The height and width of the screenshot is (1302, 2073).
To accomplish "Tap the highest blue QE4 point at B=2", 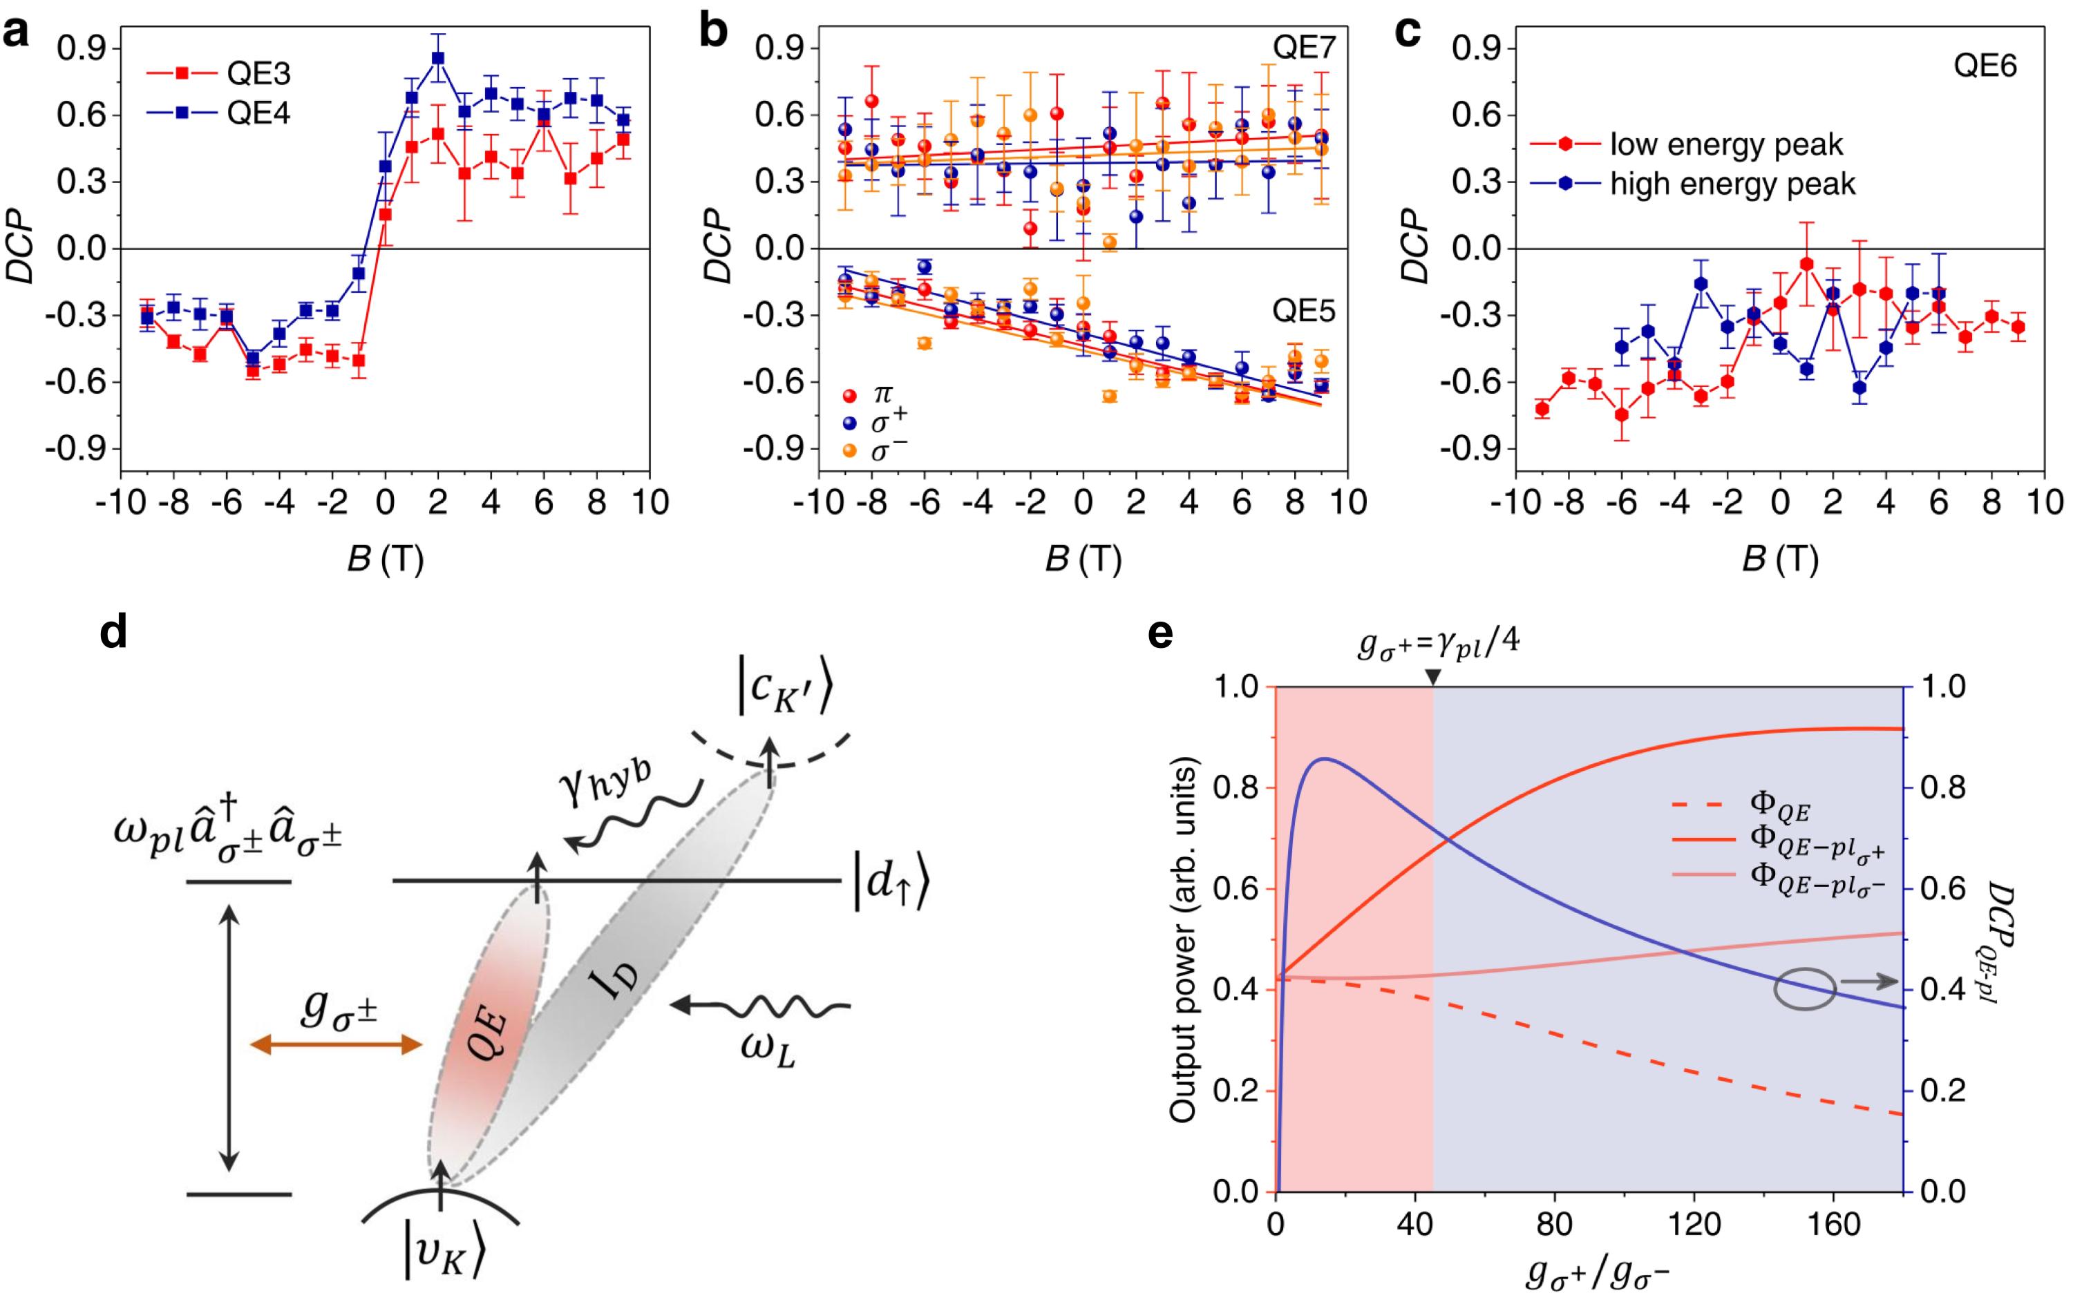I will coord(438,57).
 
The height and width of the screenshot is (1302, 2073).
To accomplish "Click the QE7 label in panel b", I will coord(1304,48).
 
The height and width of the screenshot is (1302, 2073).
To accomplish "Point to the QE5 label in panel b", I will coord(1304,311).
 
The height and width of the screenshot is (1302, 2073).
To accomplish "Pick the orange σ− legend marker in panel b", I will coord(851,449).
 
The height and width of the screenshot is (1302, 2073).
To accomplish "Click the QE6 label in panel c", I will coord(1985,66).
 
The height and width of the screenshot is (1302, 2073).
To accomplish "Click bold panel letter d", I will coord(115,634).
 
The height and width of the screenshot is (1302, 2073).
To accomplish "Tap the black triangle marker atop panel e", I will coord(1432,678).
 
